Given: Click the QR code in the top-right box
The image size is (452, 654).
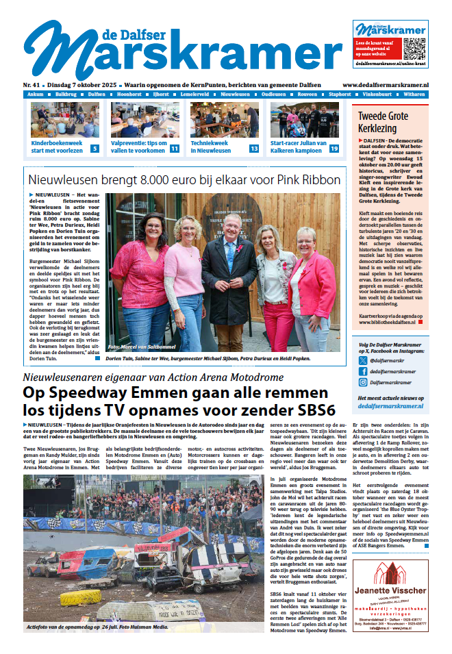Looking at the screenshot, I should tap(414, 49).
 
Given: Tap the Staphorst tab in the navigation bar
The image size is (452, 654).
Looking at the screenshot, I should tap(358, 94).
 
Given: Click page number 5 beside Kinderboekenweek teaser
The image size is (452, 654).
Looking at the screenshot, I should tap(95, 149).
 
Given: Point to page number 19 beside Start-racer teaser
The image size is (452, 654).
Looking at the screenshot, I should tap(334, 149).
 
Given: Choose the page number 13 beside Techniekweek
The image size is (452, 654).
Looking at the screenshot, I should tap(254, 149).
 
